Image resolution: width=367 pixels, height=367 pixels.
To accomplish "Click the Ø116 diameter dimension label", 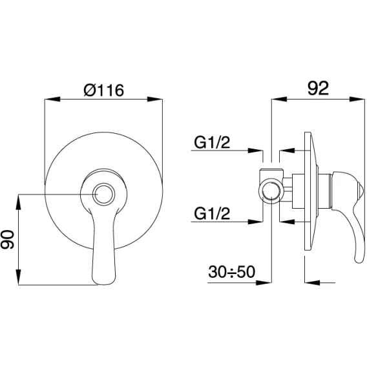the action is [103, 90].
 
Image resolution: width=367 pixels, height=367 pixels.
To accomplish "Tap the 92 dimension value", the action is [318, 89].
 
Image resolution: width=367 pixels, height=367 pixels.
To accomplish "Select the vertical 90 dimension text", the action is [8, 239].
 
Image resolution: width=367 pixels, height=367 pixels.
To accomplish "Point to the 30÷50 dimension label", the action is [231, 272].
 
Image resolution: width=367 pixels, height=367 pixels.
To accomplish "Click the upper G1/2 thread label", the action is [212, 142].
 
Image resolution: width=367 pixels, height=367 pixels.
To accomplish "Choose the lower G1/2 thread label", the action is [212, 213].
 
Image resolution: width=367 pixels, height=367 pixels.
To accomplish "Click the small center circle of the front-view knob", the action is [103, 194].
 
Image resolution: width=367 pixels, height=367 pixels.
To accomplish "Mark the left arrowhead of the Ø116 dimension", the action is [52, 99].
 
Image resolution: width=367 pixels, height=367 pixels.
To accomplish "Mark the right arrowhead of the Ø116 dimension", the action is [154, 99].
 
